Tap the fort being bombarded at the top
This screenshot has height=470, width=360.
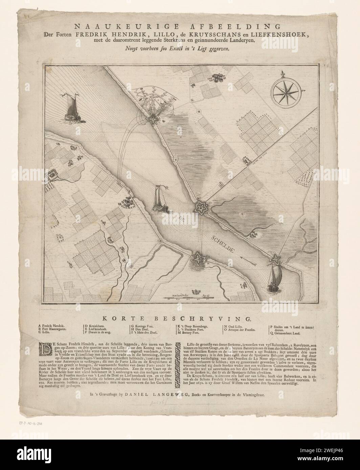tap(153, 118)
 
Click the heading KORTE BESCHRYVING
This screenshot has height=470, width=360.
tap(180, 319)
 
